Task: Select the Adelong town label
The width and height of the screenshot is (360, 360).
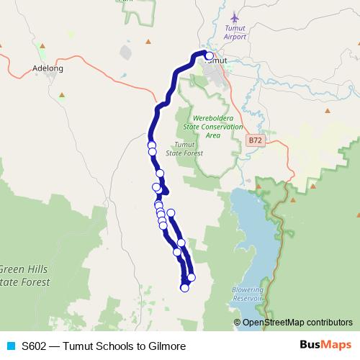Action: tap(49, 68)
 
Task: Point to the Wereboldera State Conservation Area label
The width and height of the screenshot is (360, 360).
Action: tap(212, 126)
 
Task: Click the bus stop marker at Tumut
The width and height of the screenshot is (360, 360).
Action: tap(209, 55)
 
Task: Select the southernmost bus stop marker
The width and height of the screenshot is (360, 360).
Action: tap(184, 288)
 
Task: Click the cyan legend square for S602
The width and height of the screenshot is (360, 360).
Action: tap(10, 346)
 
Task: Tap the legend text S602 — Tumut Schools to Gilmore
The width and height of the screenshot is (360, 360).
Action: tap(103, 346)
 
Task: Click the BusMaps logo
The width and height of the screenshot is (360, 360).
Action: tap(325, 346)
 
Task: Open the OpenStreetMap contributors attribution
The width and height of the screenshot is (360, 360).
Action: tap(297, 323)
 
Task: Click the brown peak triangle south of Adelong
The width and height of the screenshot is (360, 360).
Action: tap(62, 94)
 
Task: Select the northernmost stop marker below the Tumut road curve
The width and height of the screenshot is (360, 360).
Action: tap(151, 145)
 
